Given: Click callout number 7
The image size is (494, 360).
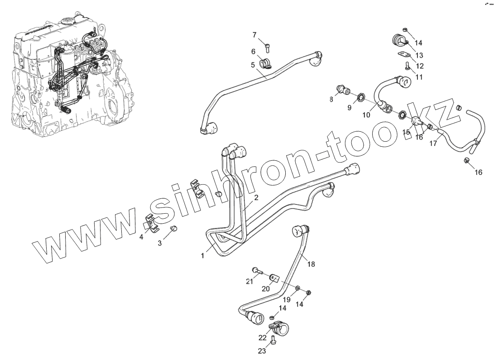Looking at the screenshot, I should coord(254,35).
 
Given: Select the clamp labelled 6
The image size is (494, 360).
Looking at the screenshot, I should coord(264,64).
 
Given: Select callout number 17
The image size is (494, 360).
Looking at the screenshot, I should coord(433,144).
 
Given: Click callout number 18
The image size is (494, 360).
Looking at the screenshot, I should coord(311,264).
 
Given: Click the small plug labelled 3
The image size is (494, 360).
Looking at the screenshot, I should coord(173,228).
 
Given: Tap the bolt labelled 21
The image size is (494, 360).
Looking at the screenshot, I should coord(257,271).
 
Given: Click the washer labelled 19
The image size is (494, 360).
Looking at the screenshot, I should coord(297,288).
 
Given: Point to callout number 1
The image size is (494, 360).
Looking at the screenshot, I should coord(202,256).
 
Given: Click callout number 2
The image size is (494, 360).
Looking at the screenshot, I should coord(256,198).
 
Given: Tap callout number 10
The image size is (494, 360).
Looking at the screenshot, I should coord(366,115).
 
